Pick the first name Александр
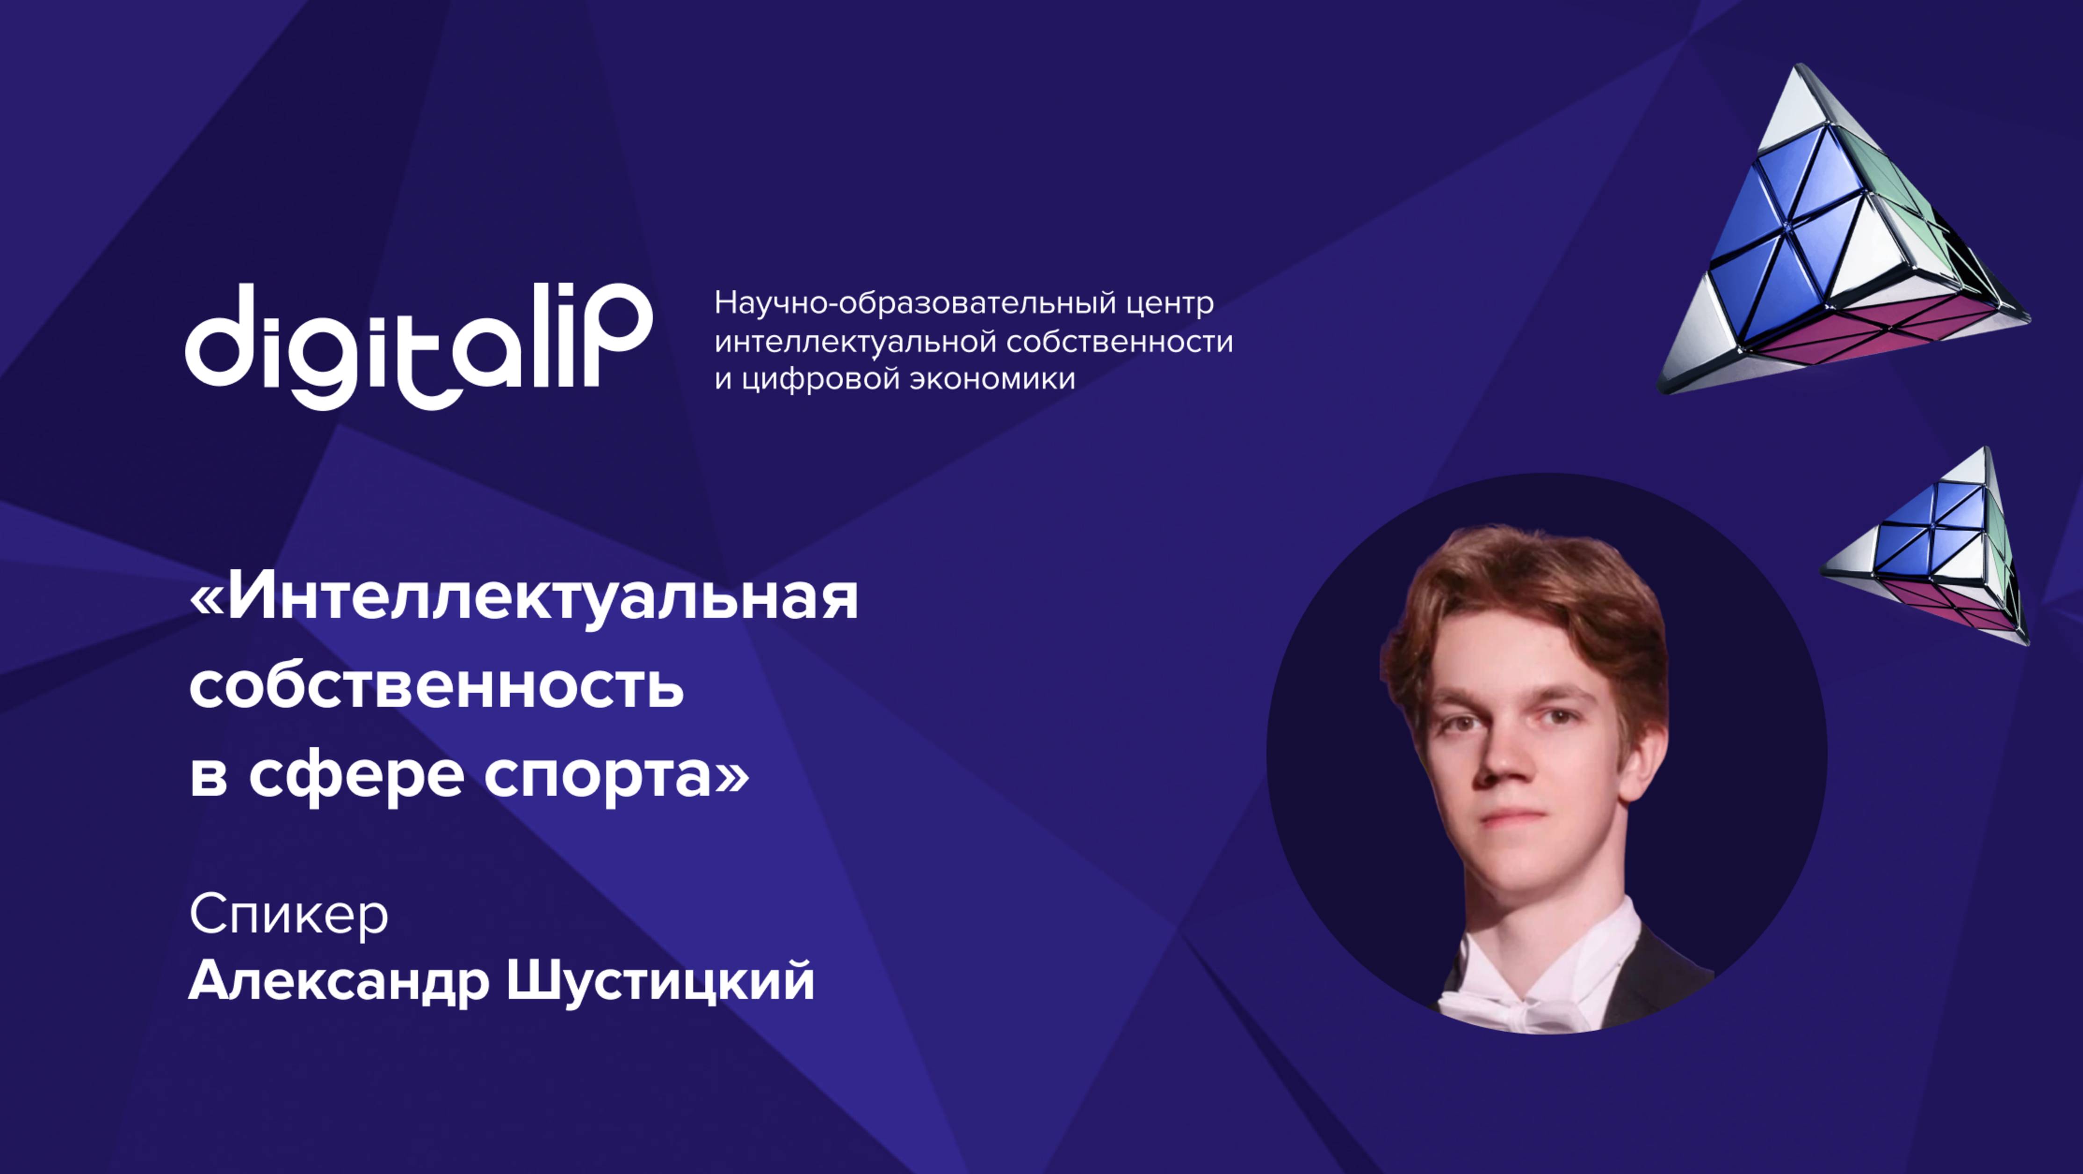click(339, 982)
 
